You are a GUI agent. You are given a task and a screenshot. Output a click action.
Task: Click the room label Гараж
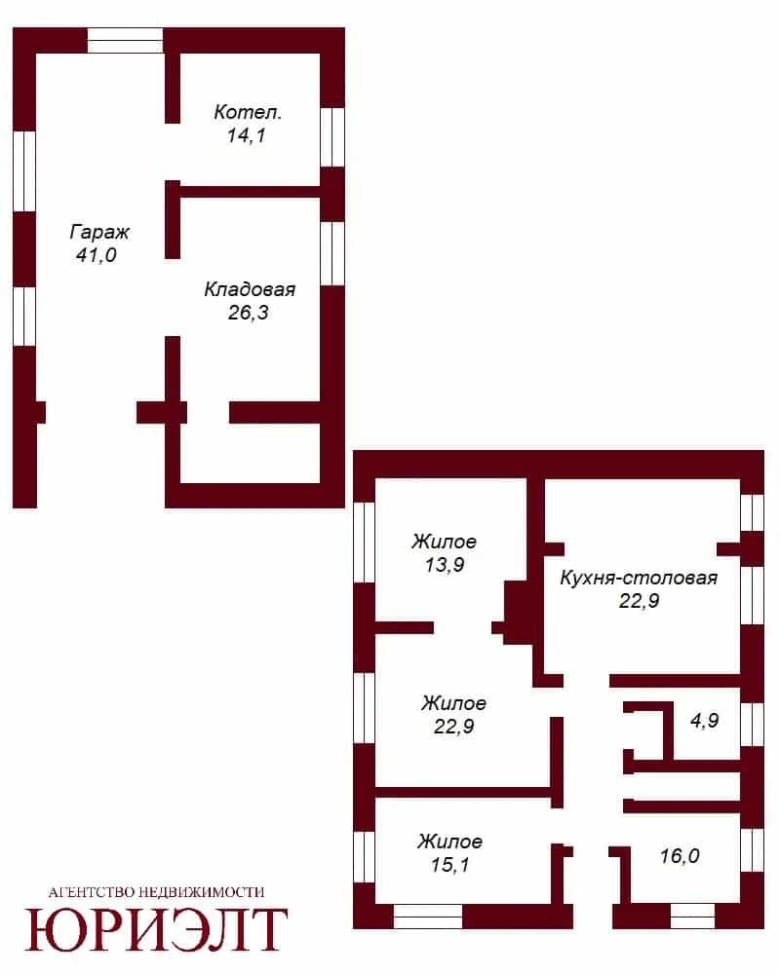tap(99, 233)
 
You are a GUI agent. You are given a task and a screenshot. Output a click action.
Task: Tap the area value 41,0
tap(97, 254)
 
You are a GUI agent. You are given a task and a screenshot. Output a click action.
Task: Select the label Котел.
tap(248, 112)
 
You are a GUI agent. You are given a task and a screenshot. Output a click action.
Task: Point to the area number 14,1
tap(247, 134)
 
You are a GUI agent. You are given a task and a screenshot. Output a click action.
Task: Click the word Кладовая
tap(250, 289)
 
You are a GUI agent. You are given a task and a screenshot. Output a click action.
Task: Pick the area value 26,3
tap(249, 313)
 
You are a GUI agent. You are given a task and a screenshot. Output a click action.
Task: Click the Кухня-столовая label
tap(639, 579)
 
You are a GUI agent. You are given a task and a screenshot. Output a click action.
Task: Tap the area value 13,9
tap(445, 565)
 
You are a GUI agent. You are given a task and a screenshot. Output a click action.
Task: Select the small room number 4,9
tap(705, 720)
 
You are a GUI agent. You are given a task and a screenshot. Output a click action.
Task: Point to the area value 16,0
tap(680, 856)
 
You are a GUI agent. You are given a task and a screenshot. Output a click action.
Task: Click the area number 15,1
tap(449, 865)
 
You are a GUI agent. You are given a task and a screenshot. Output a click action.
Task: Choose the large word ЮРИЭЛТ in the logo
tap(156, 930)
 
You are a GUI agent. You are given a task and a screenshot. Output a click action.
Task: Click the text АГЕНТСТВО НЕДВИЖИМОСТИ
tap(156, 892)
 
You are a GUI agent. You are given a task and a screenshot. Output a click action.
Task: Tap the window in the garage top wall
tap(125, 40)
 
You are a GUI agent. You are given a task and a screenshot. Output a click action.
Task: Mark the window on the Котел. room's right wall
tap(332, 137)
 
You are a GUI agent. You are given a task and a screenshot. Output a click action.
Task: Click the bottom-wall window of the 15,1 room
tap(428, 917)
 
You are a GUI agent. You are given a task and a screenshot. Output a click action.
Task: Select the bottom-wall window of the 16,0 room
tap(692, 917)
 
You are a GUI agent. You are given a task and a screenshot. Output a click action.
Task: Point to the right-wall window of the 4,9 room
tap(752, 725)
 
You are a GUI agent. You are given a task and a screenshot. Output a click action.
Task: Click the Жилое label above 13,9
tap(445, 542)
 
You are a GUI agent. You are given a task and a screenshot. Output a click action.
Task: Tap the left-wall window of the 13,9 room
tap(364, 543)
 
